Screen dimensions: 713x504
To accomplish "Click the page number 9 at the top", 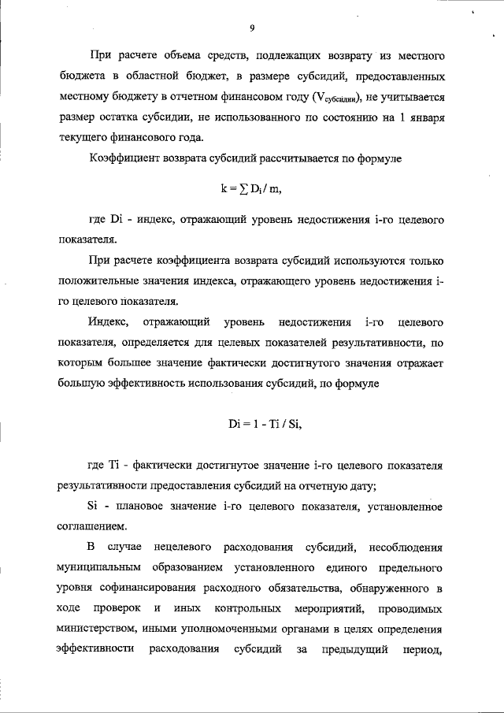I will click(x=251, y=28).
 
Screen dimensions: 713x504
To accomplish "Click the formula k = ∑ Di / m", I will click(x=251, y=190).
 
